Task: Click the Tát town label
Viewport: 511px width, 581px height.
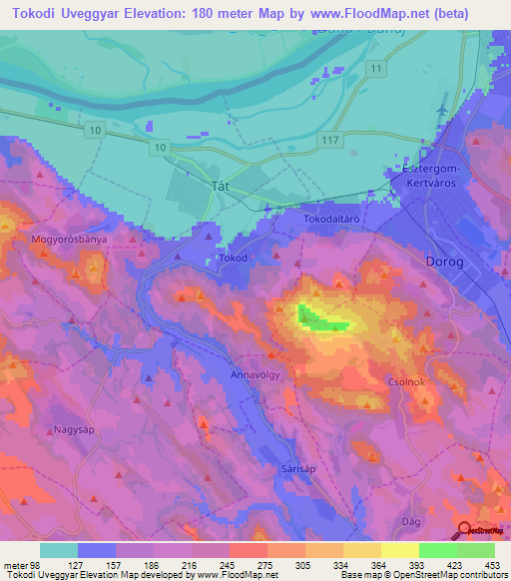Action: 194,186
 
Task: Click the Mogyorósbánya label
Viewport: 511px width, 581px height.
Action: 69,241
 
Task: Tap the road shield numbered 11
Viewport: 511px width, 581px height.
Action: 375,68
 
